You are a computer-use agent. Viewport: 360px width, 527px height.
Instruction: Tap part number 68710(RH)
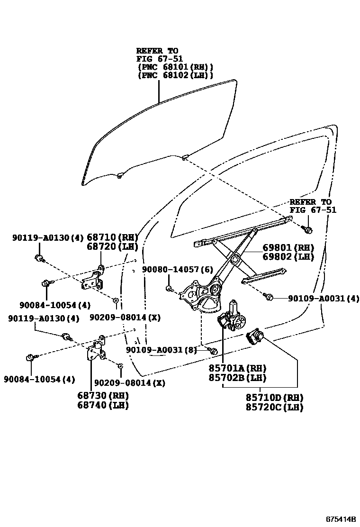[112, 237]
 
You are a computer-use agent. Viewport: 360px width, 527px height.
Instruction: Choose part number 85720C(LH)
[275, 407]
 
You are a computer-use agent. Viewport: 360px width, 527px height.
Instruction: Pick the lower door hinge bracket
[96, 350]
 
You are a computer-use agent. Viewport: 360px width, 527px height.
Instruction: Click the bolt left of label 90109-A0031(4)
[268, 297]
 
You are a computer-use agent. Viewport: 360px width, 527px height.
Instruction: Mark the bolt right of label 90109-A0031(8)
[213, 351]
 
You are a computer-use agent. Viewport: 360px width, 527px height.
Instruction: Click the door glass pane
[156, 133]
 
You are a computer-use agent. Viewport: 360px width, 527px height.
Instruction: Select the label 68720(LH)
[112, 246]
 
